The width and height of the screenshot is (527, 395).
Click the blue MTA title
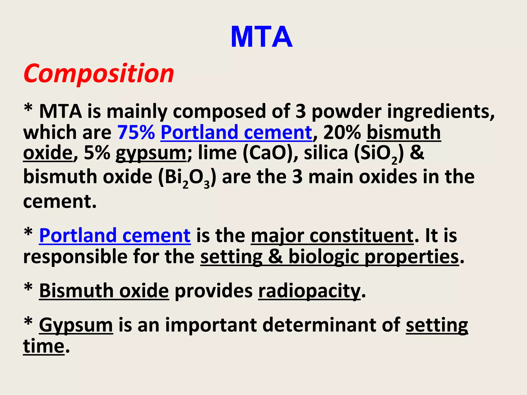point(261,37)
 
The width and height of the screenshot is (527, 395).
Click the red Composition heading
point(99,74)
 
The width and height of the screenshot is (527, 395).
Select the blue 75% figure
point(136,132)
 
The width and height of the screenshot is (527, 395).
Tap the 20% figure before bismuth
point(342,132)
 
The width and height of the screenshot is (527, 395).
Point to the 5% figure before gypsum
point(97,153)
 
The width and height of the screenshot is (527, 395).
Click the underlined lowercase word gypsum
point(151,154)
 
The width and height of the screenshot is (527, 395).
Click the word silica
point(326,153)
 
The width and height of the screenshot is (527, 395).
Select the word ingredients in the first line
point(441,112)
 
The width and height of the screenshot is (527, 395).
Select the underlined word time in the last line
point(43,346)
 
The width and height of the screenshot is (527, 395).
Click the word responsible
point(75,257)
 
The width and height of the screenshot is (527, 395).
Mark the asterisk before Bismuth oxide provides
point(28,288)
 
